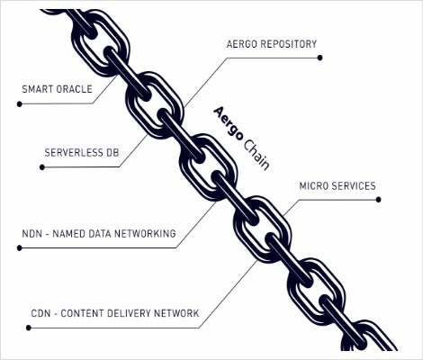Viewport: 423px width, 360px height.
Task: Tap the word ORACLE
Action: [75, 89]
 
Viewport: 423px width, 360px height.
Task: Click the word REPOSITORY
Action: [289, 44]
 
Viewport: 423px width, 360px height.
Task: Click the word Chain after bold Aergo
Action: [256, 155]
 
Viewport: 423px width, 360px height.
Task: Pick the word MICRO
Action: [313, 186]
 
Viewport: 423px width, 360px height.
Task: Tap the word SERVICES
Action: [354, 186]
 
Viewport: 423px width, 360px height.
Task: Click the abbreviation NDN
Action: [31, 234]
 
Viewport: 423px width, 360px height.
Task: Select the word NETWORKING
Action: [145, 234]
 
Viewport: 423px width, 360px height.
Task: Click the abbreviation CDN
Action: [40, 313]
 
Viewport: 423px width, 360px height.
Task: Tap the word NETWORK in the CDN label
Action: [176, 313]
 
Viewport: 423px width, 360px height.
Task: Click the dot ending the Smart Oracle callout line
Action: [20, 104]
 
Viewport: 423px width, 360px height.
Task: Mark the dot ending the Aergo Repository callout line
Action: [319, 58]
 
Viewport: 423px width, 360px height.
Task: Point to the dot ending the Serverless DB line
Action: [42, 167]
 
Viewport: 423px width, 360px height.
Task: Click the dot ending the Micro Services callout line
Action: [378, 200]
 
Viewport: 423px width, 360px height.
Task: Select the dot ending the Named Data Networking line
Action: [20, 248]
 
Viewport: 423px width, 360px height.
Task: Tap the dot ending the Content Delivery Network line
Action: [29, 328]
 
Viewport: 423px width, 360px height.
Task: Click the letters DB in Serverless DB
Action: [112, 153]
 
